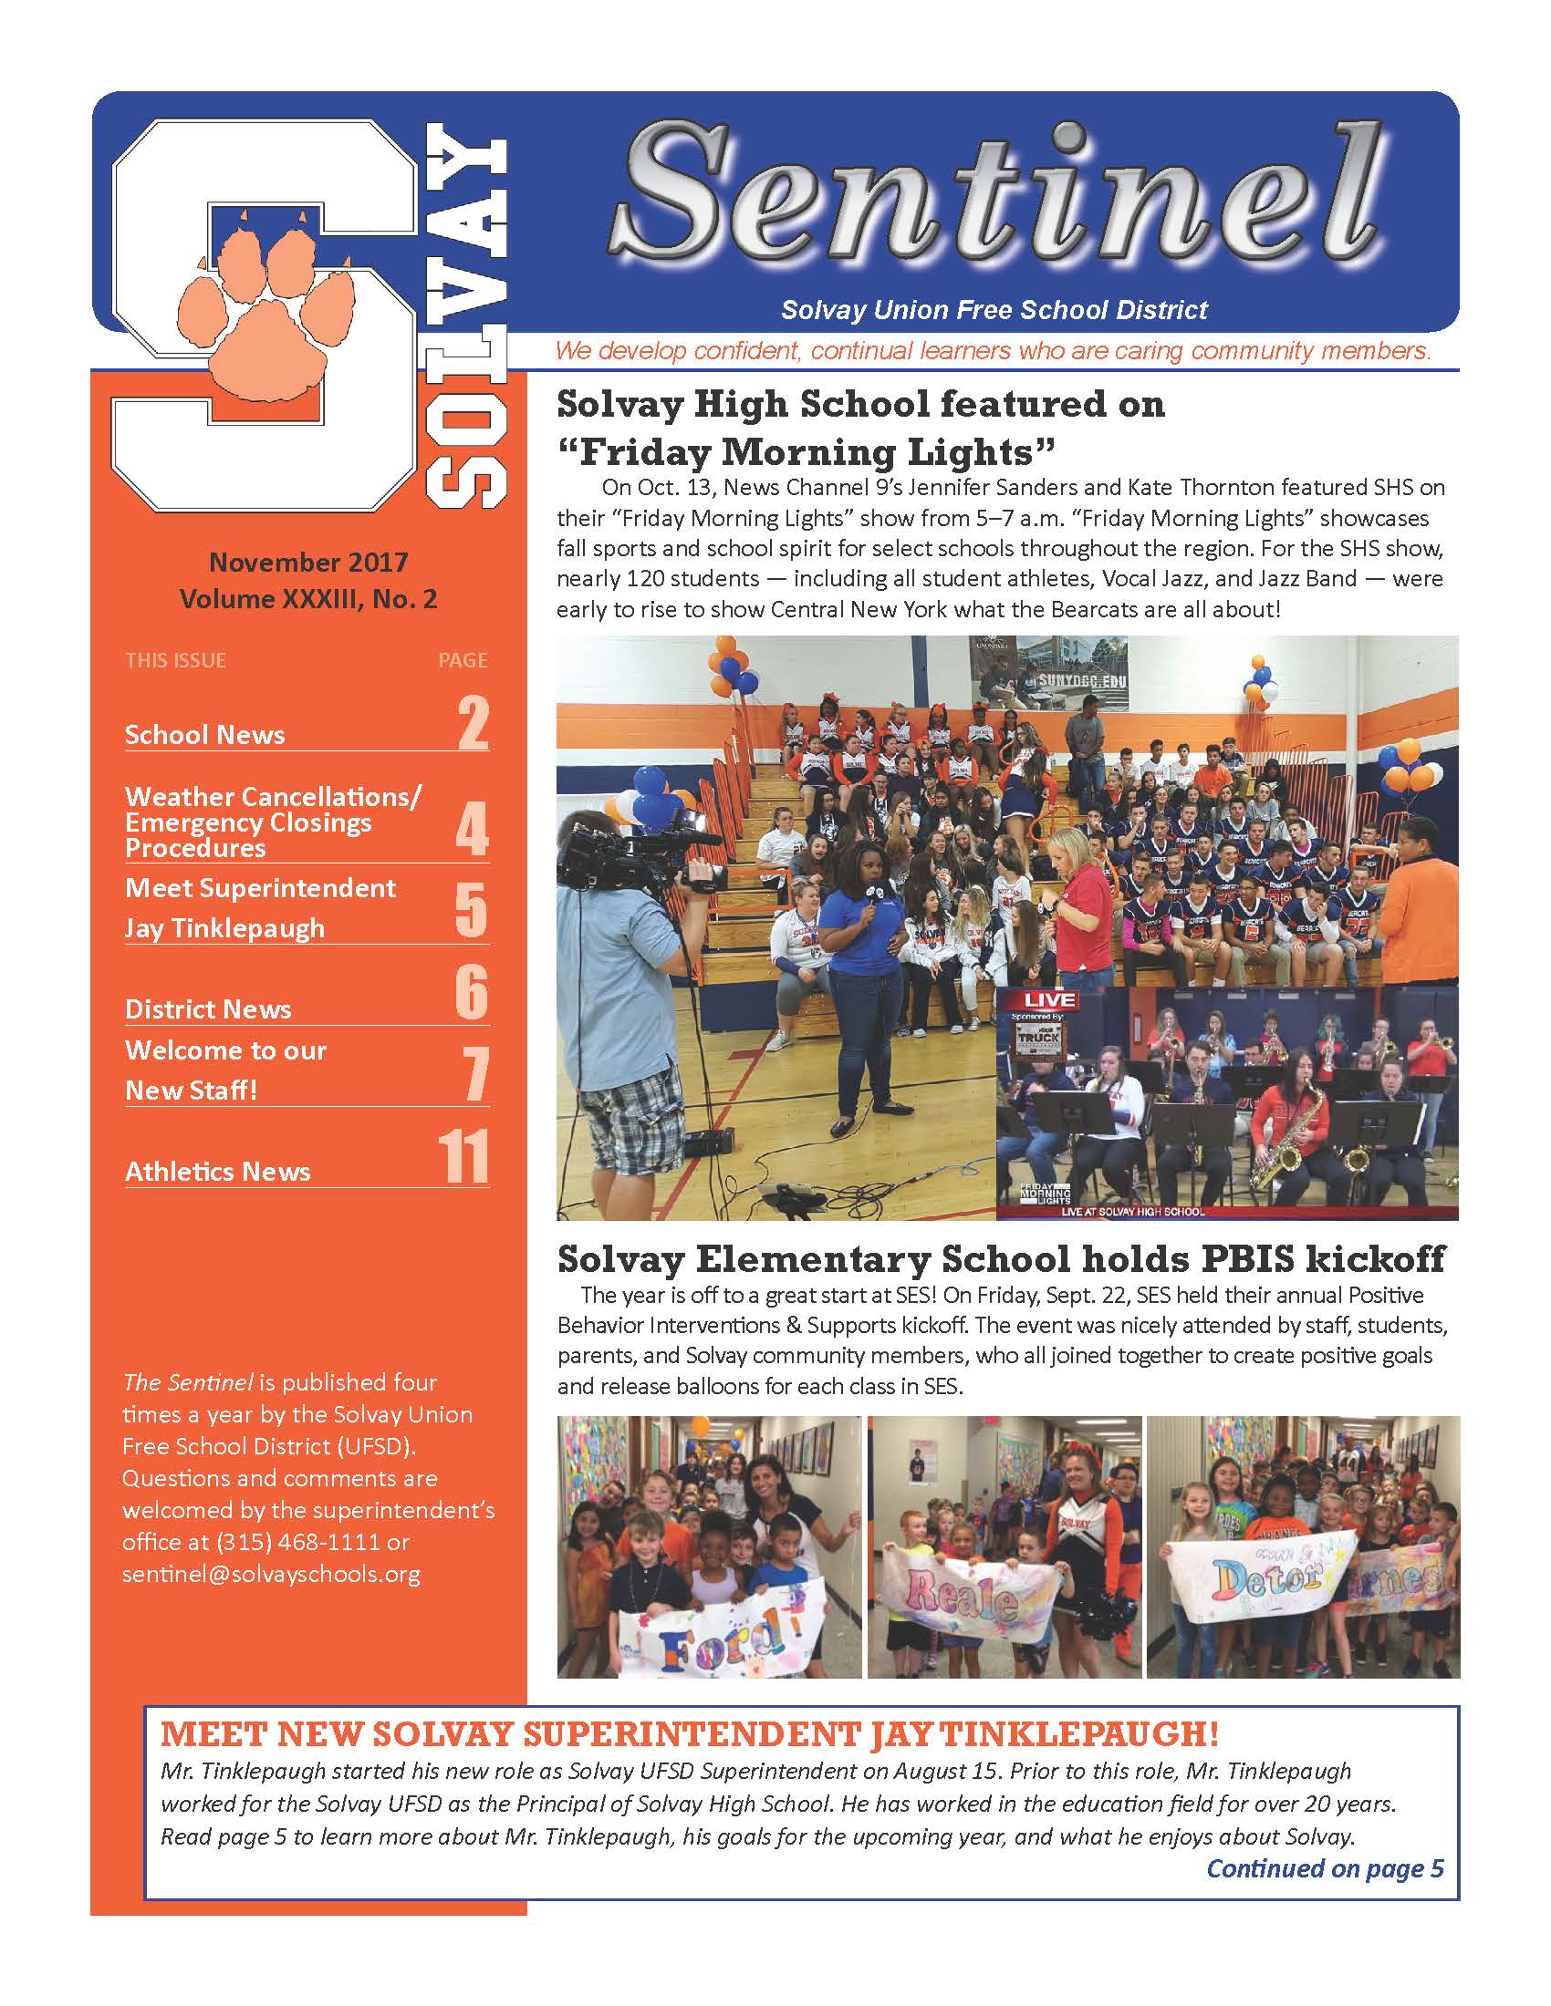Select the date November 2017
point(307,561)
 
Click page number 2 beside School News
point(473,725)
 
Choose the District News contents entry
point(209,1009)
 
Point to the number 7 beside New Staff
point(474,1076)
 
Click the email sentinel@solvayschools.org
point(271,1574)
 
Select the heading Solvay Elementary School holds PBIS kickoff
point(1001,1258)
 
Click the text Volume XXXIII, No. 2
point(307,599)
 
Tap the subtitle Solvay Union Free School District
point(994,310)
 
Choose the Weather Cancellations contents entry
point(273,822)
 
